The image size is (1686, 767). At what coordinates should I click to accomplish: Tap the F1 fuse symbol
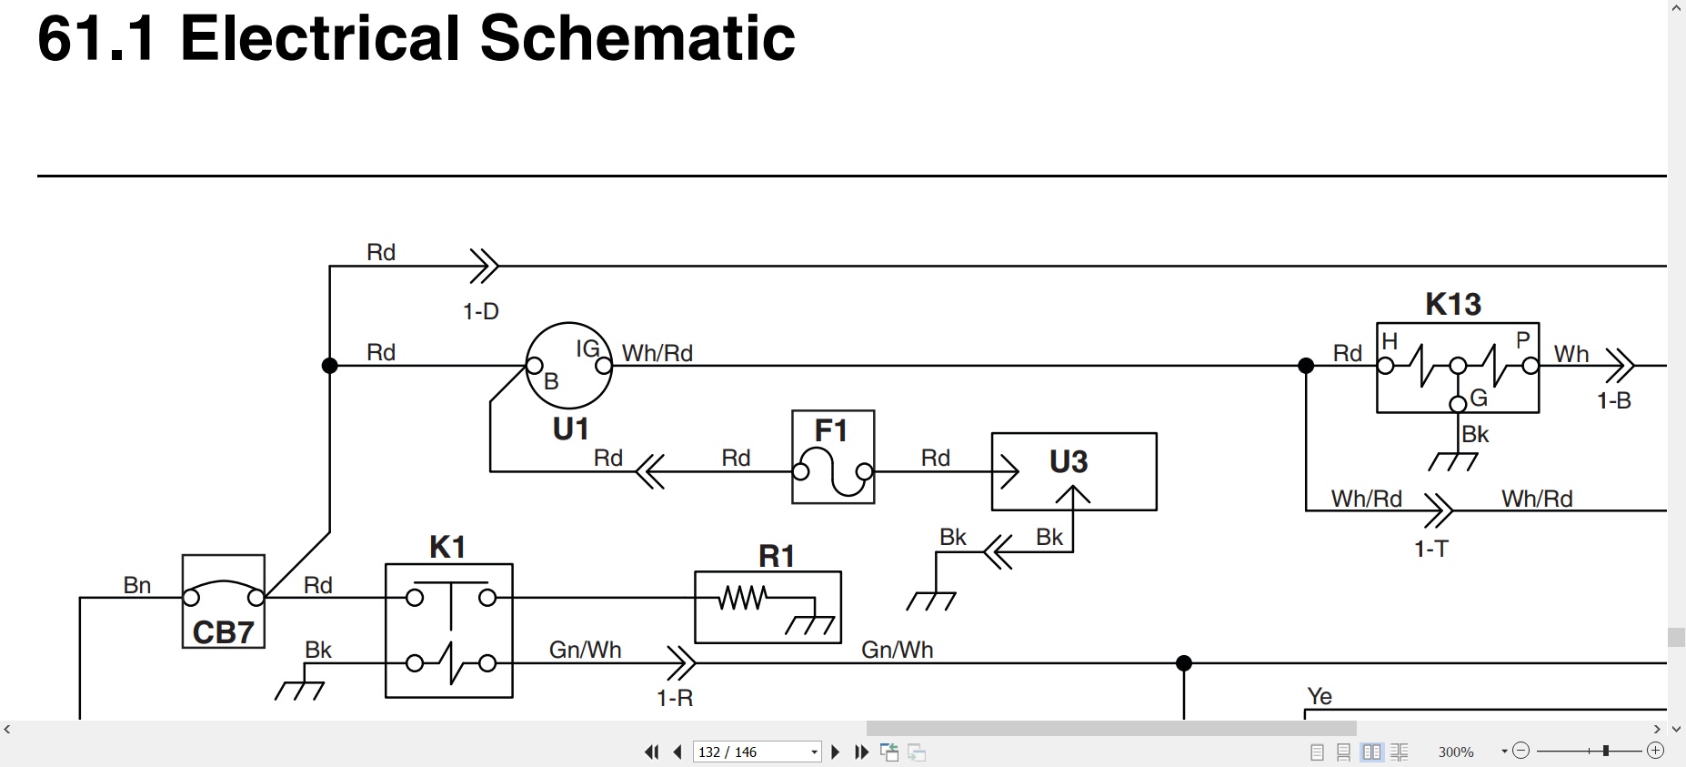833,471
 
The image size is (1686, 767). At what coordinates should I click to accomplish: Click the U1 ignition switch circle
569,324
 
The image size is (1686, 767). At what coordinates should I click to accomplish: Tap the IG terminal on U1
603,366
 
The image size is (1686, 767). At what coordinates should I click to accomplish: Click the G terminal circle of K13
1458,404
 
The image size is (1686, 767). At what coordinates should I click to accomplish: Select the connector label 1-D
481,312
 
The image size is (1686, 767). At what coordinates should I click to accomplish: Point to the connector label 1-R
675,698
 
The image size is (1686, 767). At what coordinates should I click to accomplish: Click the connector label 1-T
1431,549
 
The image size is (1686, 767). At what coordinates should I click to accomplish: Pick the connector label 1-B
1614,400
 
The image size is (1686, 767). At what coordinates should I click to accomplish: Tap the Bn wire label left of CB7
137,585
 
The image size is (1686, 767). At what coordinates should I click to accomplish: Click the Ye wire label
1320,696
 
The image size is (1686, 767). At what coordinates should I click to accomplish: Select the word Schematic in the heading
637,38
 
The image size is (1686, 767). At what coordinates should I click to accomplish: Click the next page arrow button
835,752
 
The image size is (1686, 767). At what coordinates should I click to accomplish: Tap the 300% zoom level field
1456,752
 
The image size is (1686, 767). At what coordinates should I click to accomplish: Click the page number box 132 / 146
757,752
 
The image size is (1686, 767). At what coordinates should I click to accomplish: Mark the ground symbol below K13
1453,462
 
